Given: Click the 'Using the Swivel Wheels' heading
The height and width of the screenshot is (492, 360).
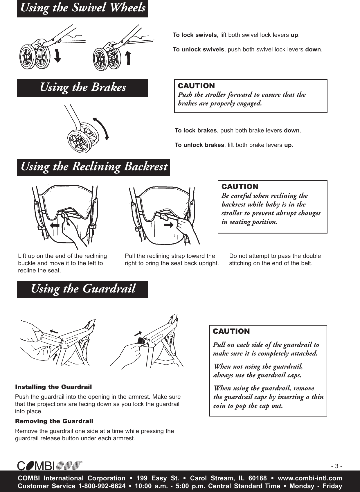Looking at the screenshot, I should [82, 8].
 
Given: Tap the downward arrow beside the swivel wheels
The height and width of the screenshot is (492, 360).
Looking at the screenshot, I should [58, 55].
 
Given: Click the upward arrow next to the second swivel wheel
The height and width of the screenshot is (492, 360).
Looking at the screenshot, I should [129, 57].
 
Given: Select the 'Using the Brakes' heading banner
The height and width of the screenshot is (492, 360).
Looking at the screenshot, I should [82, 88].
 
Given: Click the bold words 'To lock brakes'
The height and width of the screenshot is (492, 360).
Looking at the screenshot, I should [196, 130].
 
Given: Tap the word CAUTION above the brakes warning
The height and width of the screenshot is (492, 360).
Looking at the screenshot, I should [196, 86].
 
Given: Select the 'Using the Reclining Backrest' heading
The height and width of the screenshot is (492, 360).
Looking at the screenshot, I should [93, 167].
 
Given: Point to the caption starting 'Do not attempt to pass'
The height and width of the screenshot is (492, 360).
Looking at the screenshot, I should [275, 260].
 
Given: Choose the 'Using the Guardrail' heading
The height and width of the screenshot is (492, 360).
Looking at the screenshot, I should [82, 289].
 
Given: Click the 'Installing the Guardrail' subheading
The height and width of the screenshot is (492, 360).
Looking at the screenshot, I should [53, 387].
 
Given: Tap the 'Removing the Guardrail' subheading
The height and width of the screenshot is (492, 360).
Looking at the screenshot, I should [54, 421].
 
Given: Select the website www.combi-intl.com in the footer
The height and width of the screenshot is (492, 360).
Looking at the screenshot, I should [310, 478].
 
